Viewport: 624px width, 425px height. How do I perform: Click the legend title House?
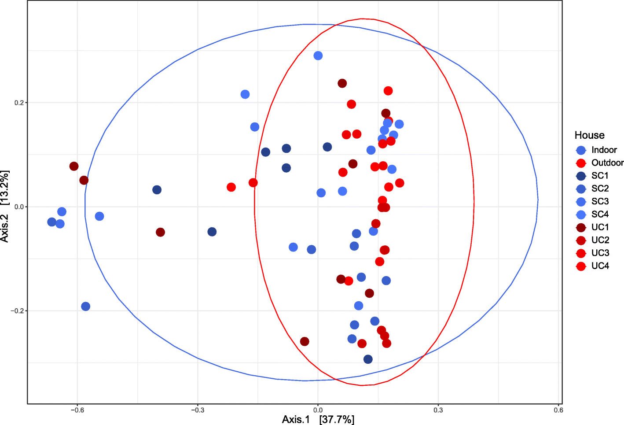[589, 135]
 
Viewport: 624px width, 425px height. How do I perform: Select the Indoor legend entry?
[604, 150]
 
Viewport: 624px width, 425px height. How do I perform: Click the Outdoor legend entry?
[607, 163]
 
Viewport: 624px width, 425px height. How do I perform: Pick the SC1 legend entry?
[600, 176]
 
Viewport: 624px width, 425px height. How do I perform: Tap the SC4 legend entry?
[600, 214]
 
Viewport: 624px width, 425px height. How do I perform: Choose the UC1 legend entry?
[600, 227]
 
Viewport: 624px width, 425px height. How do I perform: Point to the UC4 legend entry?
[600, 266]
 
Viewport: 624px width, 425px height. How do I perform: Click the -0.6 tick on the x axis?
[77, 410]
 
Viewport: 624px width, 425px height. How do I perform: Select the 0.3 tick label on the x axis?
[438, 410]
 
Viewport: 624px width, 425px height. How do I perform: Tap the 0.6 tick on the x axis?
[558, 410]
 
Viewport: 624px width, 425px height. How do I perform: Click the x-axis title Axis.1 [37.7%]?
[318, 420]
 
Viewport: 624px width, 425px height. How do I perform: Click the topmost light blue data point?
[318, 55]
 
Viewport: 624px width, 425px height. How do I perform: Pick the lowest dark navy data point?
[368, 359]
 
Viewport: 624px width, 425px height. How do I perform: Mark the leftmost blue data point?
[52, 222]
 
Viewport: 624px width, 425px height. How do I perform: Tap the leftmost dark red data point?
[74, 166]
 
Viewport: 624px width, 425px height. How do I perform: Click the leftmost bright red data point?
[231, 187]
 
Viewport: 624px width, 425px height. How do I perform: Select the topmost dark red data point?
[342, 83]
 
